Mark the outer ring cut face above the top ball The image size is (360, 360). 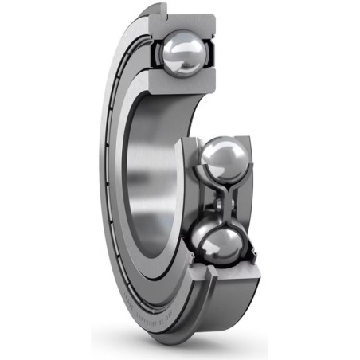click(x=183, y=21)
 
